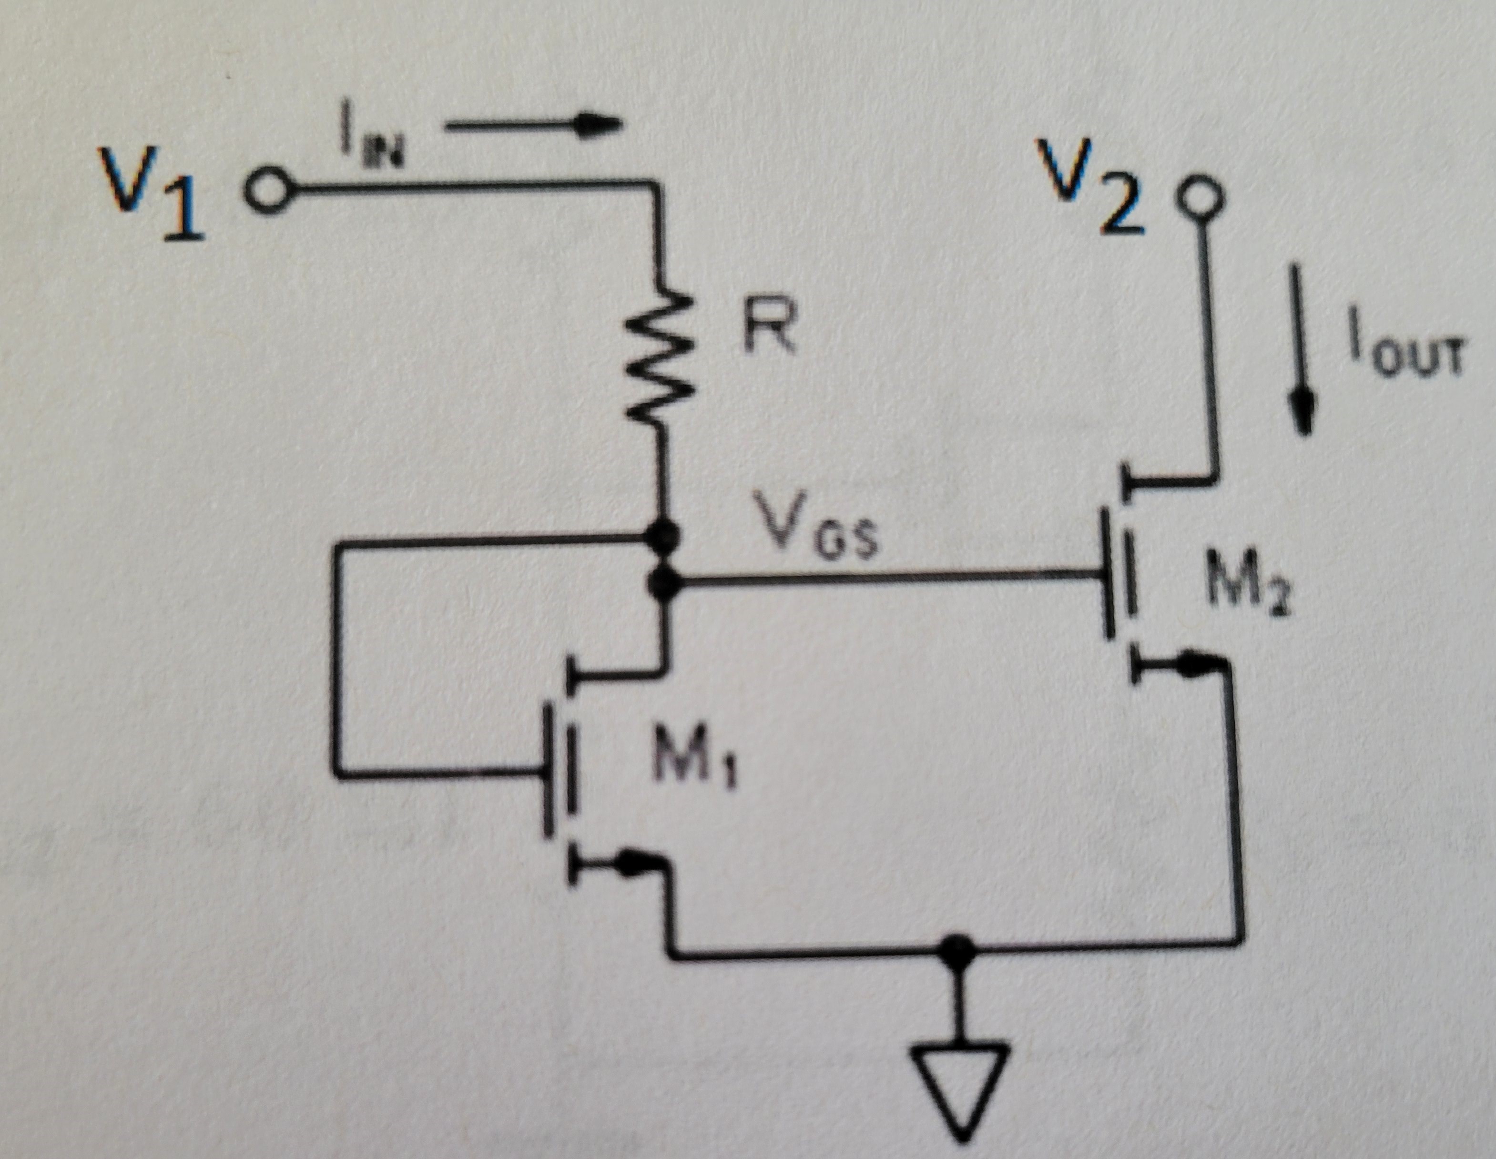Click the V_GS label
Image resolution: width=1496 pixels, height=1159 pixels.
pyautogui.click(x=815, y=534)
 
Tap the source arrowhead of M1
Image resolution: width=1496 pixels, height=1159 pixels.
pyautogui.click(x=633, y=865)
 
